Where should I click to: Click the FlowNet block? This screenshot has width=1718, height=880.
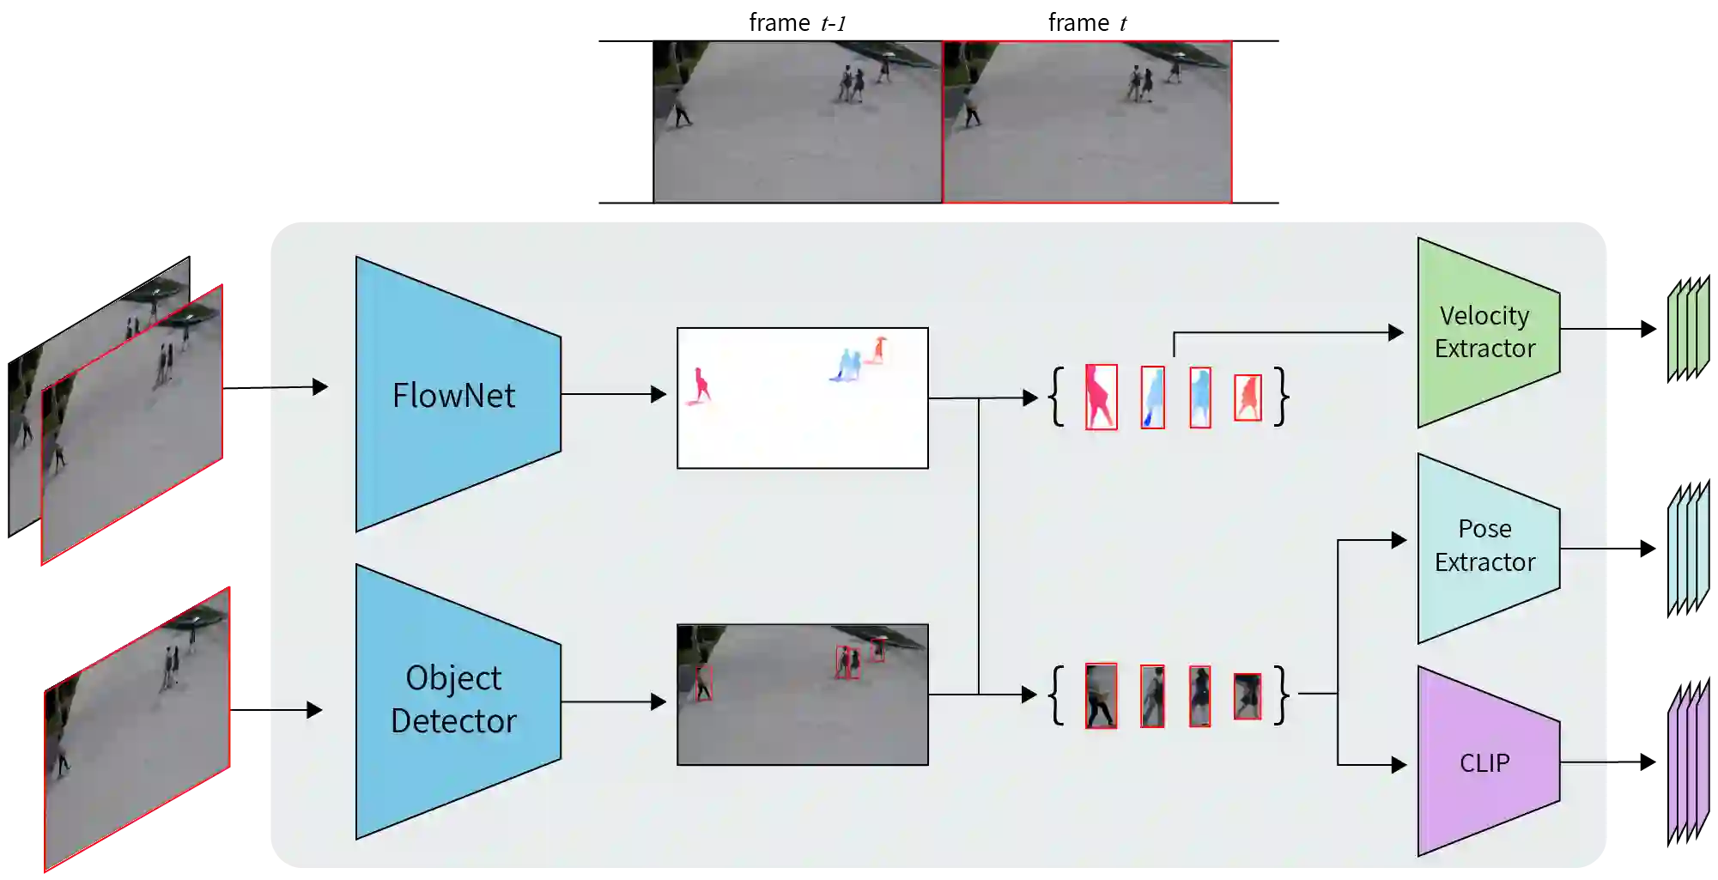click(455, 395)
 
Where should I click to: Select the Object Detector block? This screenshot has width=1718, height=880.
click(455, 700)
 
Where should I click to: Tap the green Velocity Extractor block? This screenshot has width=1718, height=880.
click(1485, 332)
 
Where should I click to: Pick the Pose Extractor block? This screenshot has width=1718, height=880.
click(1485, 547)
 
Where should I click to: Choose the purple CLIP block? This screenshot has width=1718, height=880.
click(1485, 762)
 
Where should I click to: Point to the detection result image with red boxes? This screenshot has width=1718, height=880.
click(802, 694)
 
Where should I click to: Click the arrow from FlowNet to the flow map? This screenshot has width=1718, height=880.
click(614, 394)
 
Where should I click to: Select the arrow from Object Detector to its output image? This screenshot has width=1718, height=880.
click(614, 702)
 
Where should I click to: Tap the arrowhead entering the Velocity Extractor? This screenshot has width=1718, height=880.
click(1396, 332)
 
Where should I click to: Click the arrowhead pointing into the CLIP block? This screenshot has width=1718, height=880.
click(1399, 764)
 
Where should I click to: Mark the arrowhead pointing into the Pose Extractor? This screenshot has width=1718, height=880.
click(1399, 540)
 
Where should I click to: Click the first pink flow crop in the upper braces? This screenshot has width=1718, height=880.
click(1101, 397)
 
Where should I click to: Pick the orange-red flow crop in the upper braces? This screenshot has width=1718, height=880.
click(1248, 398)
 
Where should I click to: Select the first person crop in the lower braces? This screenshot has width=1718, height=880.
click(1101, 695)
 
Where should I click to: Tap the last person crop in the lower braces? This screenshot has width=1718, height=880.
click(1248, 695)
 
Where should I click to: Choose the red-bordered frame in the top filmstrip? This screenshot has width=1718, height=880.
click(1087, 121)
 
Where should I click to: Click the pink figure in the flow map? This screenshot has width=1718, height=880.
click(701, 386)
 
